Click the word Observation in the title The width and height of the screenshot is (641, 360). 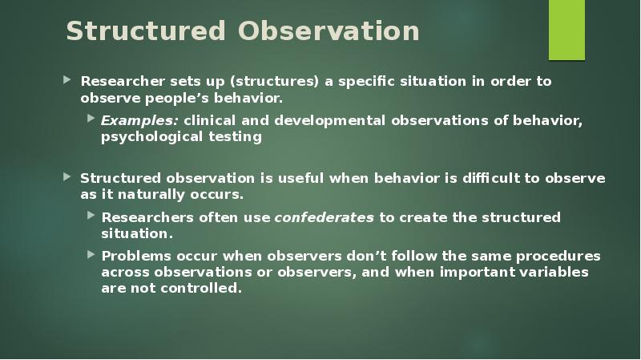(x=329, y=31)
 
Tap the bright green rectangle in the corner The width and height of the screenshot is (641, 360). (x=566, y=30)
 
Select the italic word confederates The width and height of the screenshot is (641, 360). (x=324, y=217)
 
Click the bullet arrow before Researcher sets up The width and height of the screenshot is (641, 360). (x=67, y=81)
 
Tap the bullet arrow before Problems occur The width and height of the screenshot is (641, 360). (x=92, y=256)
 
